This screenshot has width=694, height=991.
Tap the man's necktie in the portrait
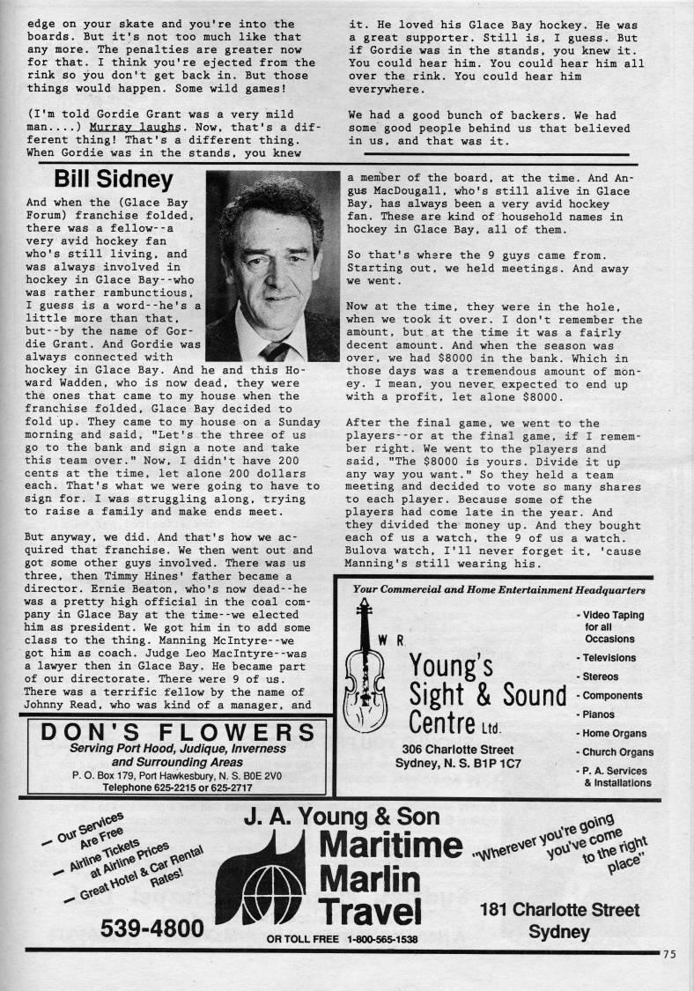[276, 351]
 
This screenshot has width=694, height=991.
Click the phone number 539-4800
[151, 928]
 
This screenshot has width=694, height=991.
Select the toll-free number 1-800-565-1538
[382, 939]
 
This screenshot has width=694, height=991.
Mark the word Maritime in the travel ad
[389, 847]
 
